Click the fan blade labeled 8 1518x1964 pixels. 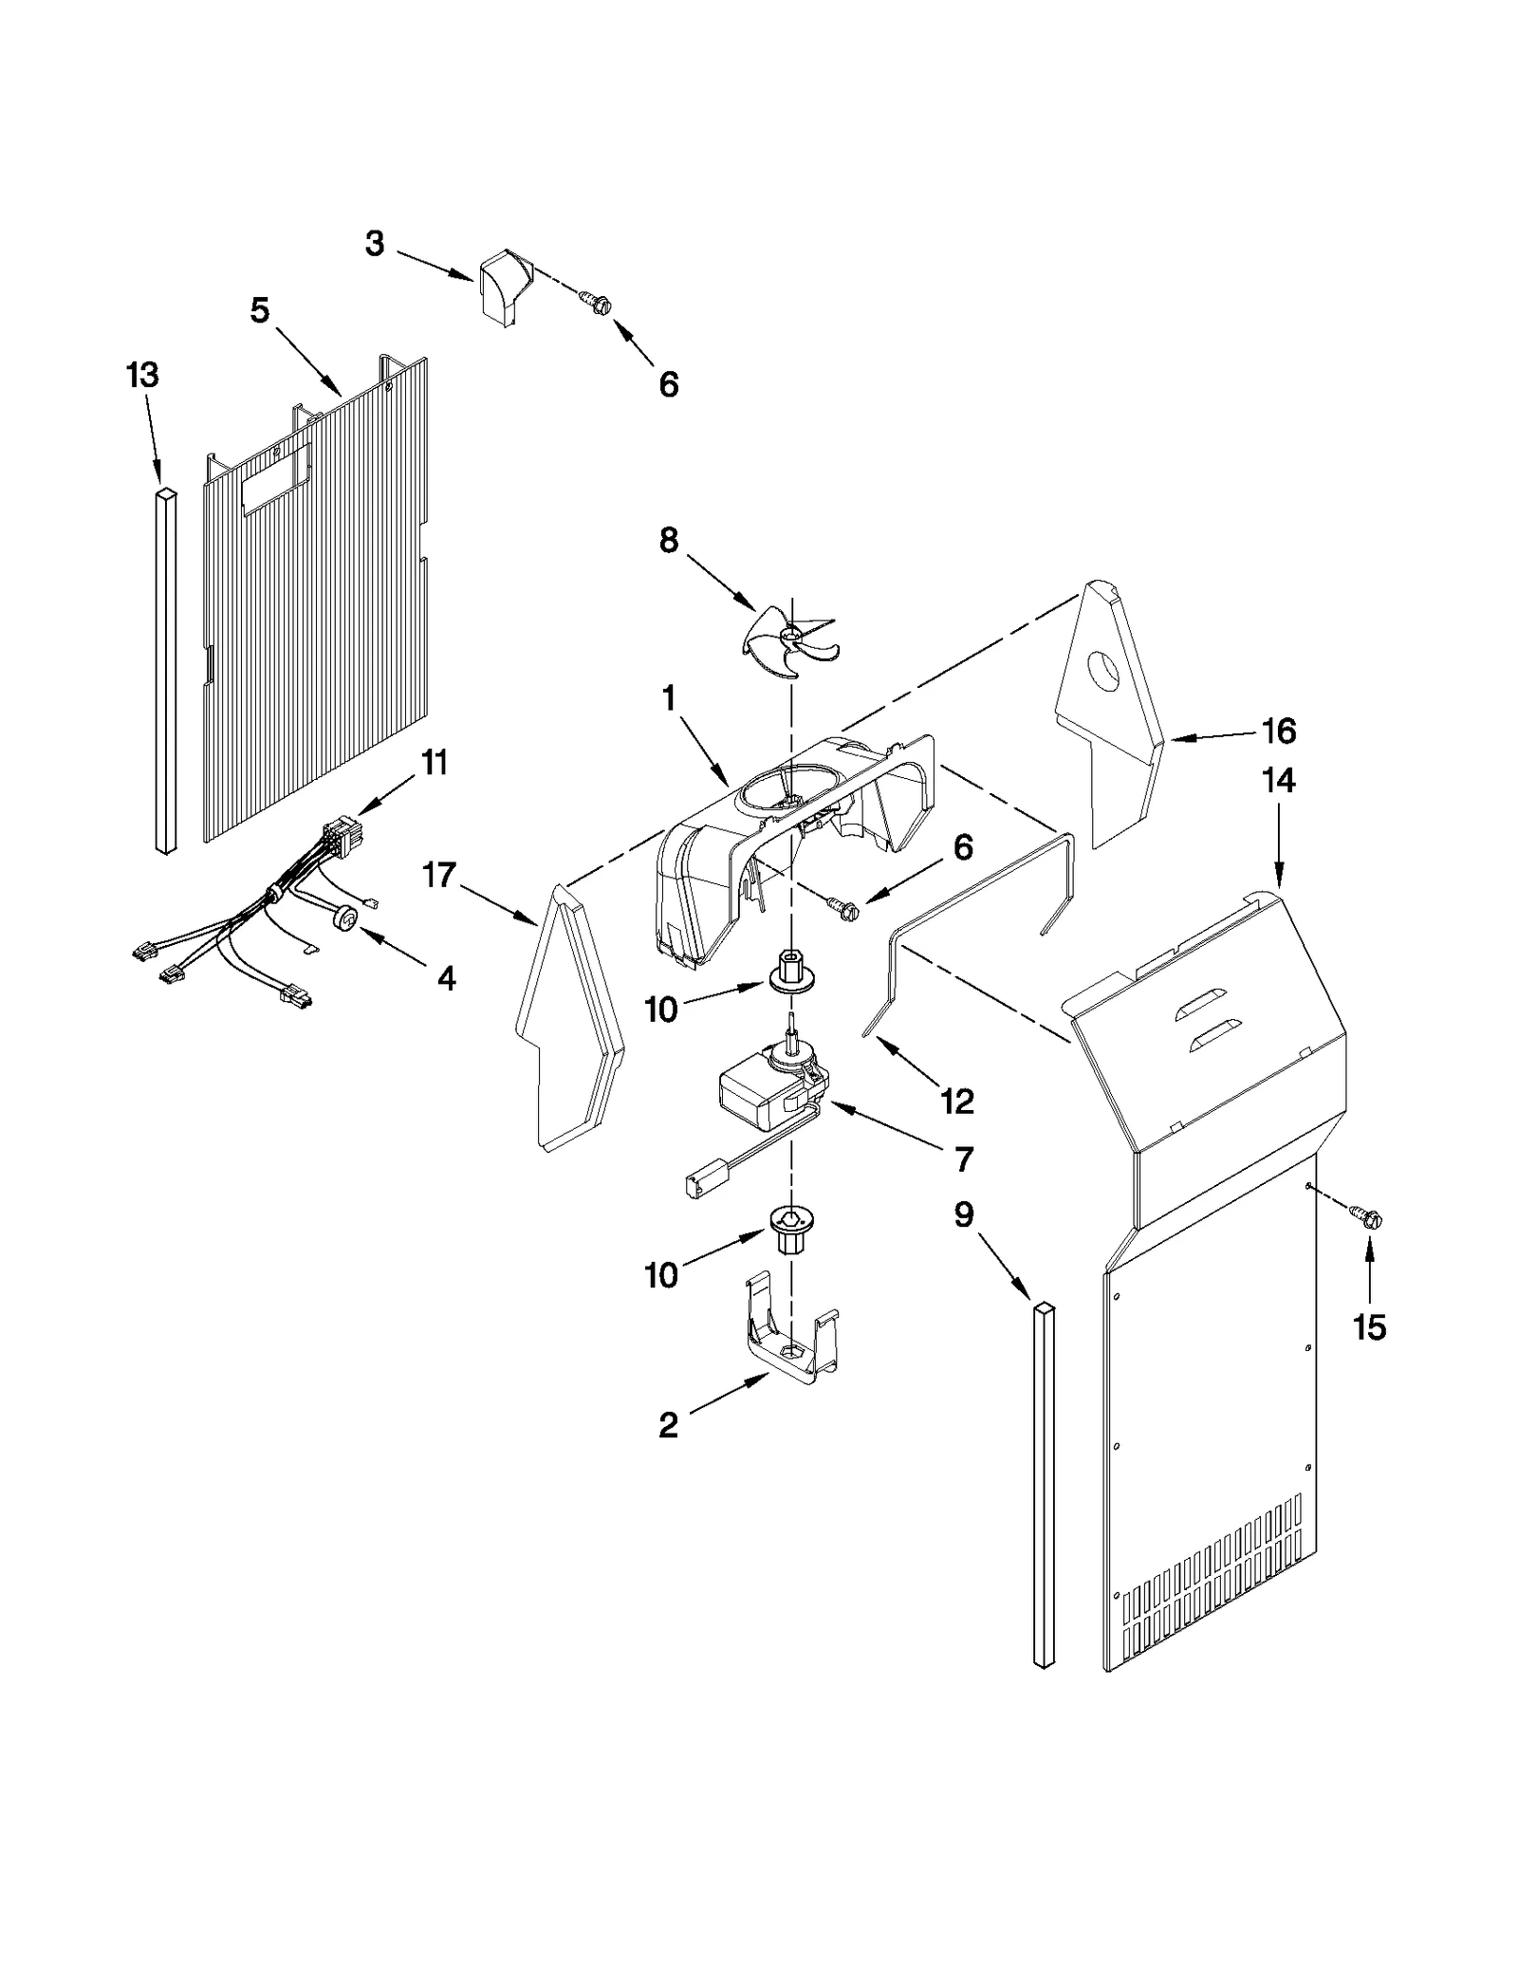(x=787, y=639)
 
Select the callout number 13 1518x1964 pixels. (x=142, y=376)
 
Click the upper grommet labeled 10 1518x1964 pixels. (x=790, y=977)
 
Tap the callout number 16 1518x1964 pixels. (x=1278, y=732)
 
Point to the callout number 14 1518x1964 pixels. (x=1278, y=781)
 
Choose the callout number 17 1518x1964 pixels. (x=438, y=874)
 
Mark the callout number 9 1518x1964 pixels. (x=964, y=1214)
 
